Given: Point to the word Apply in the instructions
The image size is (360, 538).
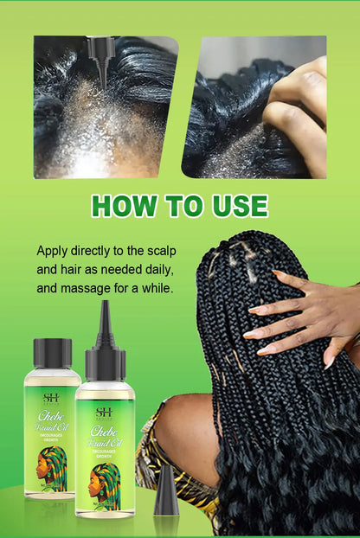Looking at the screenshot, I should [53, 251].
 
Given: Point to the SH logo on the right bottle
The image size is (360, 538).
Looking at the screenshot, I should [104, 413].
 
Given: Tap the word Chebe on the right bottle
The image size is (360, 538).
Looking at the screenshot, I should [105, 432].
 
